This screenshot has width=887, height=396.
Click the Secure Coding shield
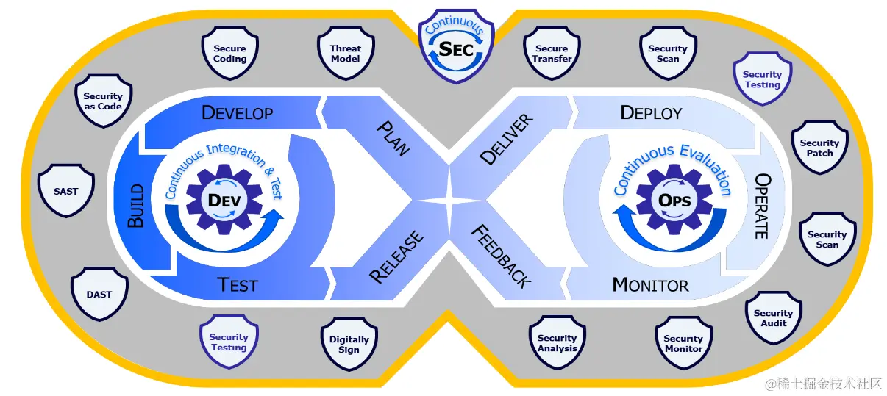(229, 54)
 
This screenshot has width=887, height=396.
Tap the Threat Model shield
(345, 54)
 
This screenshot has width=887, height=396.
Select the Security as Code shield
(102, 101)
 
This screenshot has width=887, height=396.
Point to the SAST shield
(65, 191)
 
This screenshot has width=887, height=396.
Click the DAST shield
(99, 295)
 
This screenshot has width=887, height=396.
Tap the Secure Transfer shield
(552, 54)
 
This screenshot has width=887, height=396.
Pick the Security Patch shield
(819, 148)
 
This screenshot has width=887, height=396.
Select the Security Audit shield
(773, 318)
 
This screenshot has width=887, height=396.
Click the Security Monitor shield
(683, 344)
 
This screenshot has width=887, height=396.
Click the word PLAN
(393, 137)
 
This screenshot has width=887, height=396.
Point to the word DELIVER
(506, 139)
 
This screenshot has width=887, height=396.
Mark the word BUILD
(136, 211)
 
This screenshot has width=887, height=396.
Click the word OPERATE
(762, 206)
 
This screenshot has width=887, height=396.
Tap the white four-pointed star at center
(447, 200)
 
